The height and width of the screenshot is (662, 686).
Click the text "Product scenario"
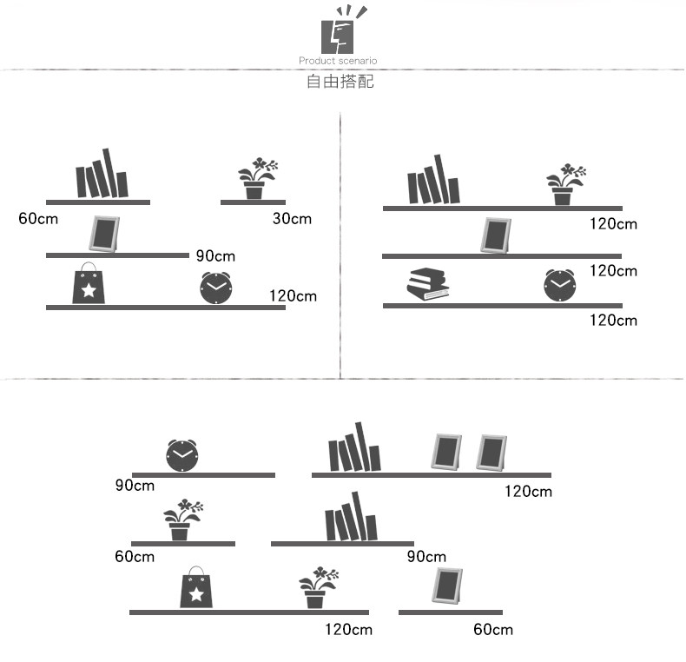point(338,61)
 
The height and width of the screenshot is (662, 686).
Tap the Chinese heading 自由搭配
point(340,83)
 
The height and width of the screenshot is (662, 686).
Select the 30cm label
point(292,218)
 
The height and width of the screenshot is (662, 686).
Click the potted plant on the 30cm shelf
point(257,179)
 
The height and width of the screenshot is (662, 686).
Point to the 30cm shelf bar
point(253,202)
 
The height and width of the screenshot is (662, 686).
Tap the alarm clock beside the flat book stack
point(560,286)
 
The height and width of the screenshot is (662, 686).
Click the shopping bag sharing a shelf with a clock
point(89,284)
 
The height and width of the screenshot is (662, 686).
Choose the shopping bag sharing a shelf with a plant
point(196,589)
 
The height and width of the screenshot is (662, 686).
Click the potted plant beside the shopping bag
point(317,588)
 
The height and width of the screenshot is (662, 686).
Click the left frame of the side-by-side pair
point(448,452)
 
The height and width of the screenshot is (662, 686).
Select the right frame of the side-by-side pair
point(491,452)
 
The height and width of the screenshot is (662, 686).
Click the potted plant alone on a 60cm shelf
point(181,520)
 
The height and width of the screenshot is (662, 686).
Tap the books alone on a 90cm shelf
point(351,520)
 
